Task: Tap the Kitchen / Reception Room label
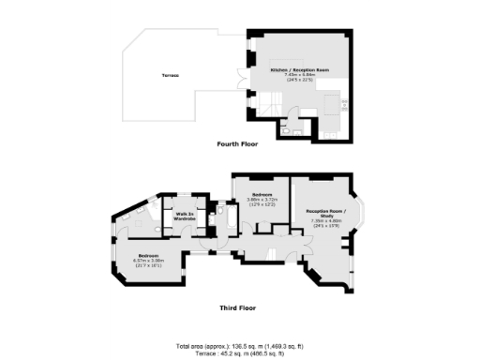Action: tap(294, 70)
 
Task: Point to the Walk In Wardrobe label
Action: tap(183, 217)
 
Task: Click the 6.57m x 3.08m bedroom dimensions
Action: tap(149, 261)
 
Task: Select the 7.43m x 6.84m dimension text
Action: tap(294, 76)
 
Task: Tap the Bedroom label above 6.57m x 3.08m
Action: tap(149, 255)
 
